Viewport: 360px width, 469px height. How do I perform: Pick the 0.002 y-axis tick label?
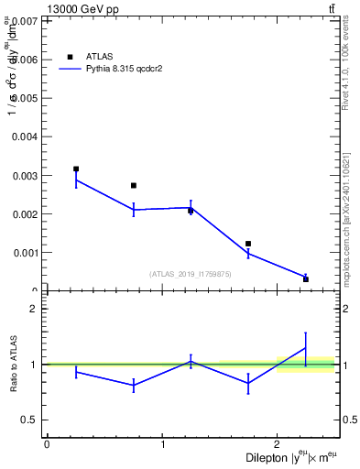coord(24,213)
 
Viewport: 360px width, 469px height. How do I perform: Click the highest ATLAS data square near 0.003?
coord(76,169)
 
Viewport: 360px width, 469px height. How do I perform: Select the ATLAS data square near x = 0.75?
coord(134,185)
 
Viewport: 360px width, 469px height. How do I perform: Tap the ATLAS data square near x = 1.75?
coord(248,244)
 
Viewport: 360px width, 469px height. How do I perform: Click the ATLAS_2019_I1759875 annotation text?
coord(191,274)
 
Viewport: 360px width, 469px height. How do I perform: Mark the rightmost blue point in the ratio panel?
coord(306,347)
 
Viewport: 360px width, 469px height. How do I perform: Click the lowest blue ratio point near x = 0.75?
coord(134,386)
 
